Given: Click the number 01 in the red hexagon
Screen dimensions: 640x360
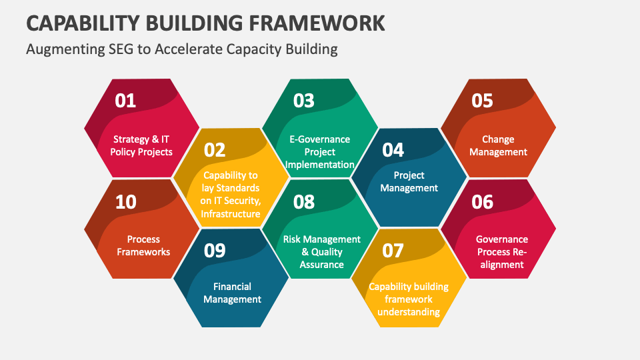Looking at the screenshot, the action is [x=125, y=101].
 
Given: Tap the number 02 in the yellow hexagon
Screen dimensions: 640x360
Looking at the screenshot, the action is [x=215, y=150].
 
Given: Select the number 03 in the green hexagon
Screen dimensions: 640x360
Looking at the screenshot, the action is [x=304, y=101].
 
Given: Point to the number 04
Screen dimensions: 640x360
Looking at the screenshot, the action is [x=393, y=150].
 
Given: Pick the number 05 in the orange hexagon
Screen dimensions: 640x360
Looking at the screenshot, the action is [x=482, y=101].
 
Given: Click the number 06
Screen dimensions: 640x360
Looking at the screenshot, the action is [x=483, y=202].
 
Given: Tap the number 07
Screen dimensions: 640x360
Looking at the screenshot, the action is [x=393, y=251].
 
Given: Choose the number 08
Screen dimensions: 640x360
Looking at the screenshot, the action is [x=304, y=202].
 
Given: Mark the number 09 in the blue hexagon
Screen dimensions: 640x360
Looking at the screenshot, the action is [x=215, y=251].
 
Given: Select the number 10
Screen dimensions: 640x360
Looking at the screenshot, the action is [x=126, y=202].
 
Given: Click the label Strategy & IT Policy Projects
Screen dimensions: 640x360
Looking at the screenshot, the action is [x=141, y=146].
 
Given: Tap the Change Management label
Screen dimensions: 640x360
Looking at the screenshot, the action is [x=498, y=146].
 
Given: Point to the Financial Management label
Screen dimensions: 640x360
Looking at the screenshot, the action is [x=232, y=293].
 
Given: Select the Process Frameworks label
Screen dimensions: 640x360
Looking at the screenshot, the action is [x=143, y=246].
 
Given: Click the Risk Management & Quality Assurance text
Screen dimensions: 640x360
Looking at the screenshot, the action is [x=321, y=252].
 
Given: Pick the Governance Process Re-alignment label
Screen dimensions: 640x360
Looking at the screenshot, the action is [x=502, y=252].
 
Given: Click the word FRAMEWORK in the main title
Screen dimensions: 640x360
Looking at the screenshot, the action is [x=317, y=23].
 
